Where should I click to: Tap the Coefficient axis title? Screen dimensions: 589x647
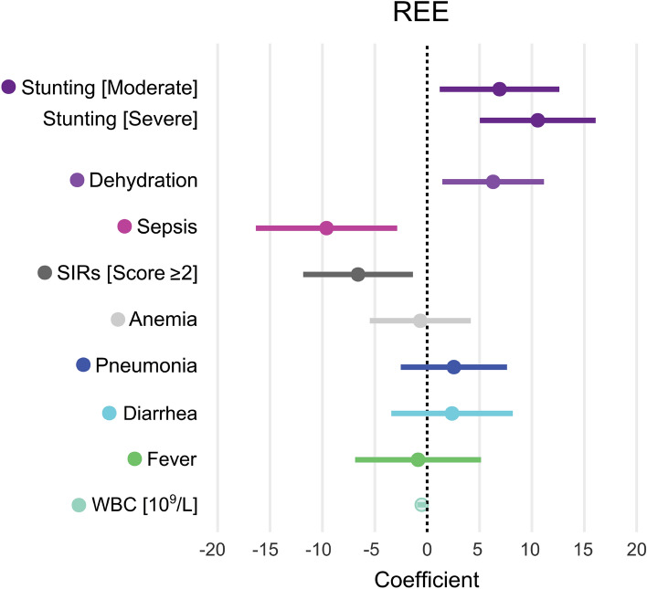point(426,579)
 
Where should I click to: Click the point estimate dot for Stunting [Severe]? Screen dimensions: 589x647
point(537,121)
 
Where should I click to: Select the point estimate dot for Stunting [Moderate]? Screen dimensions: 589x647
point(499,89)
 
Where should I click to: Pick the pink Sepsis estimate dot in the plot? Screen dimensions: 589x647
point(326,227)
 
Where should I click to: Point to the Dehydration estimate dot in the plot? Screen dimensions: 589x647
point(493,182)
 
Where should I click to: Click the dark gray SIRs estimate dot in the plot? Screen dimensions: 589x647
point(358,275)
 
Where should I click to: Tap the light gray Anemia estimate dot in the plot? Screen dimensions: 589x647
point(419,321)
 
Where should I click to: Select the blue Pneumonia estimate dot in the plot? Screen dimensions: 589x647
point(453,367)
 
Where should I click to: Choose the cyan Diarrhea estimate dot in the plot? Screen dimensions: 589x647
point(451,414)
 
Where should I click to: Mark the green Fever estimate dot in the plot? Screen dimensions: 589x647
point(418,459)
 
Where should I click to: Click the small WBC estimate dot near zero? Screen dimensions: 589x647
point(420,504)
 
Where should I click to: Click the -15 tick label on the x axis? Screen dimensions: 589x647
point(267,550)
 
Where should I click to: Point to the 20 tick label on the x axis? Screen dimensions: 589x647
point(636,550)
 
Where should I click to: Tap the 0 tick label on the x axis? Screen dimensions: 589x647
point(426,550)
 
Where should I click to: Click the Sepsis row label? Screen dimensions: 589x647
point(167,226)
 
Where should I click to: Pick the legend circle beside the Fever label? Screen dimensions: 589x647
point(134,458)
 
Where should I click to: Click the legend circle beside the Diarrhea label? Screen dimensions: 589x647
point(109,413)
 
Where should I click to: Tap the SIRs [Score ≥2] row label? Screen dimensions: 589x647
point(129,273)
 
